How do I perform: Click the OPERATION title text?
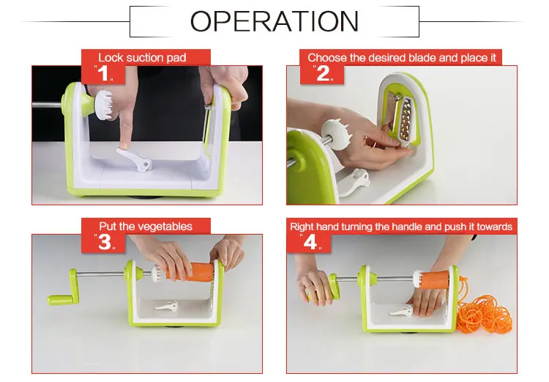274,21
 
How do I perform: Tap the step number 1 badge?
103,73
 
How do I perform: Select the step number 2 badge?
323,73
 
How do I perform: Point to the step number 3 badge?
105,242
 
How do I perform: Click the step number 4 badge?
310,242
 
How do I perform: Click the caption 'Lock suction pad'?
142,57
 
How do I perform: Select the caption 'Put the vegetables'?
146,227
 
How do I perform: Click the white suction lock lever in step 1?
135,160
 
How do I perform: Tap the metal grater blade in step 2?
406,121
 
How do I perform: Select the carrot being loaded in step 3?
190,272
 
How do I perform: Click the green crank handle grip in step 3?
60,300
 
